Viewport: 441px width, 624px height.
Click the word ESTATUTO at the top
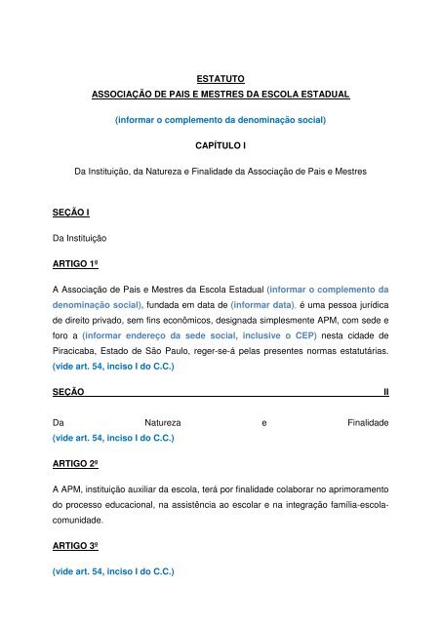(220, 76)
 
